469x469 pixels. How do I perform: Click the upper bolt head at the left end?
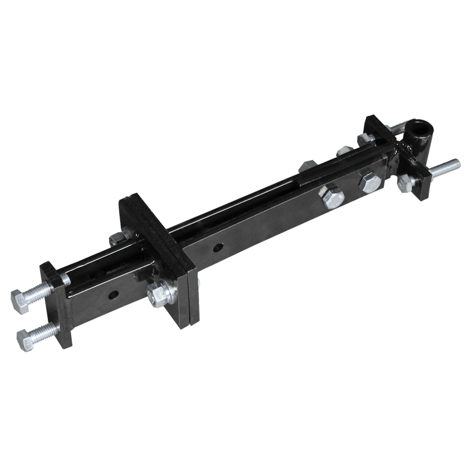tap(20, 300)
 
